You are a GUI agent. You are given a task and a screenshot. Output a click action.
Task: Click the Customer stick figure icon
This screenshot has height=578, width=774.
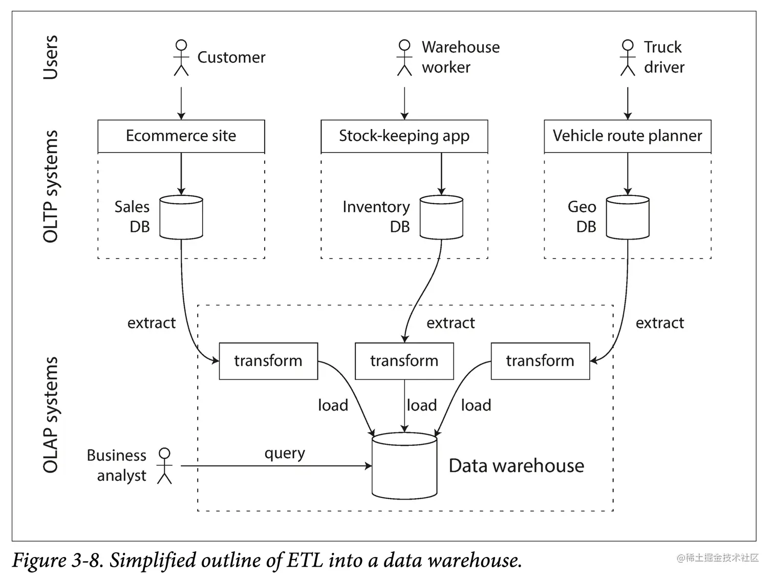coord(181,57)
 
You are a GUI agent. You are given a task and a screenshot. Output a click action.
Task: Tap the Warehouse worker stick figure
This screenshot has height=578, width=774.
coord(404,57)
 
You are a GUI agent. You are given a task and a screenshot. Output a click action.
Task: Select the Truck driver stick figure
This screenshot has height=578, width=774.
coord(628,57)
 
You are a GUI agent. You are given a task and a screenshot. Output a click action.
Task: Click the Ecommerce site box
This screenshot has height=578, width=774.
coord(181,136)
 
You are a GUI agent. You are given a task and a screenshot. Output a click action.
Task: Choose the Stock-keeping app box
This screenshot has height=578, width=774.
coord(404,136)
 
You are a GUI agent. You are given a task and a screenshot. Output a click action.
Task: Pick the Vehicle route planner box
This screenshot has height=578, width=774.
coord(628,136)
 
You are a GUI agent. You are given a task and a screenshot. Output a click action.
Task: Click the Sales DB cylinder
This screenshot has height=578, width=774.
coord(181,217)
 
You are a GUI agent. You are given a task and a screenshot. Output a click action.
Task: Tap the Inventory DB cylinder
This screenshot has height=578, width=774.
coord(441,217)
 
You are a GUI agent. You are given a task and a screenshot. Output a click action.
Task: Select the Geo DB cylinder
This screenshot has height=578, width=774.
coord(628,217)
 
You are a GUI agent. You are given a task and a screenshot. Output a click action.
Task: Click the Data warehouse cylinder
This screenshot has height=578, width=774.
coord(404,465)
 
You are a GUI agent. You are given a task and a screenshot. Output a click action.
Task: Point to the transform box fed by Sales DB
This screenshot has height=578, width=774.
coord(268,361)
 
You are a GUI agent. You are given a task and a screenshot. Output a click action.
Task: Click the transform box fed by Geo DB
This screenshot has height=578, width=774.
coord(540,361)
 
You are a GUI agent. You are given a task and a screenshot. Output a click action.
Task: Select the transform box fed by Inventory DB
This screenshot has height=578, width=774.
coord(404,361)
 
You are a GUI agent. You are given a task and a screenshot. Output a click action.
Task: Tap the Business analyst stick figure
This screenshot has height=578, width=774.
coord(164,465)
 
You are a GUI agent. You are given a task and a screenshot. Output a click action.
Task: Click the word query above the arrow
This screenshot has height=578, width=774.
coord(285,454)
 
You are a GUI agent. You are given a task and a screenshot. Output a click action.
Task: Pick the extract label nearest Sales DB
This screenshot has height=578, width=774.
coord(152,323)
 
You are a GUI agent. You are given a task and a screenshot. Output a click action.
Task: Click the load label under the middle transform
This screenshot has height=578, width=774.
coord(422,405)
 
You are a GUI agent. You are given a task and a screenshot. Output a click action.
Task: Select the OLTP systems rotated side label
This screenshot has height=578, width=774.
coord(50,186)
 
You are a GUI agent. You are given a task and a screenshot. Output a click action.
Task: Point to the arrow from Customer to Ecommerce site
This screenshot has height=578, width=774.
coord(181,103)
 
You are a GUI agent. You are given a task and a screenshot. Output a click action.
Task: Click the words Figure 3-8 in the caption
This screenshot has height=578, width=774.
coord(56,560)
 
